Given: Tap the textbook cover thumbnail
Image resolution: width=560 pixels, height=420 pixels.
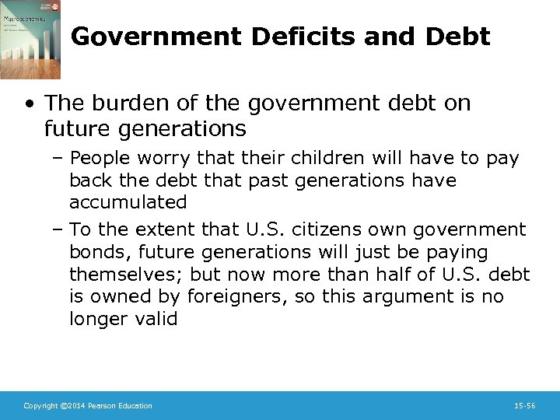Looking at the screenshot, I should pos(30,39).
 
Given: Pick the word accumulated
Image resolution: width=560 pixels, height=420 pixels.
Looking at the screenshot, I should pos(128,202).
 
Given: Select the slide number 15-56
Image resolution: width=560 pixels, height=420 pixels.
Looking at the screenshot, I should pos(525,406).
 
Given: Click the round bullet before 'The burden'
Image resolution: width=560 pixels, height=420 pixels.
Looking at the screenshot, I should pos(29,103).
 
